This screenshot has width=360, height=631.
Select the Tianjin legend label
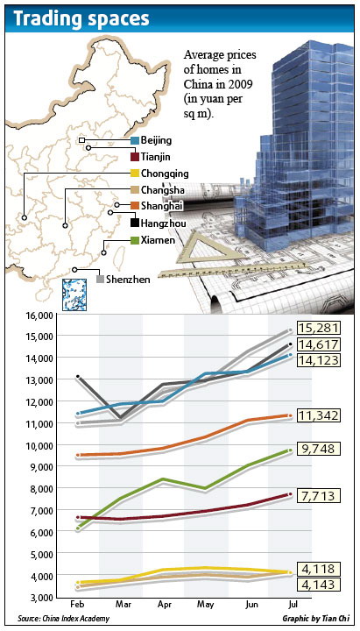point(155,156)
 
